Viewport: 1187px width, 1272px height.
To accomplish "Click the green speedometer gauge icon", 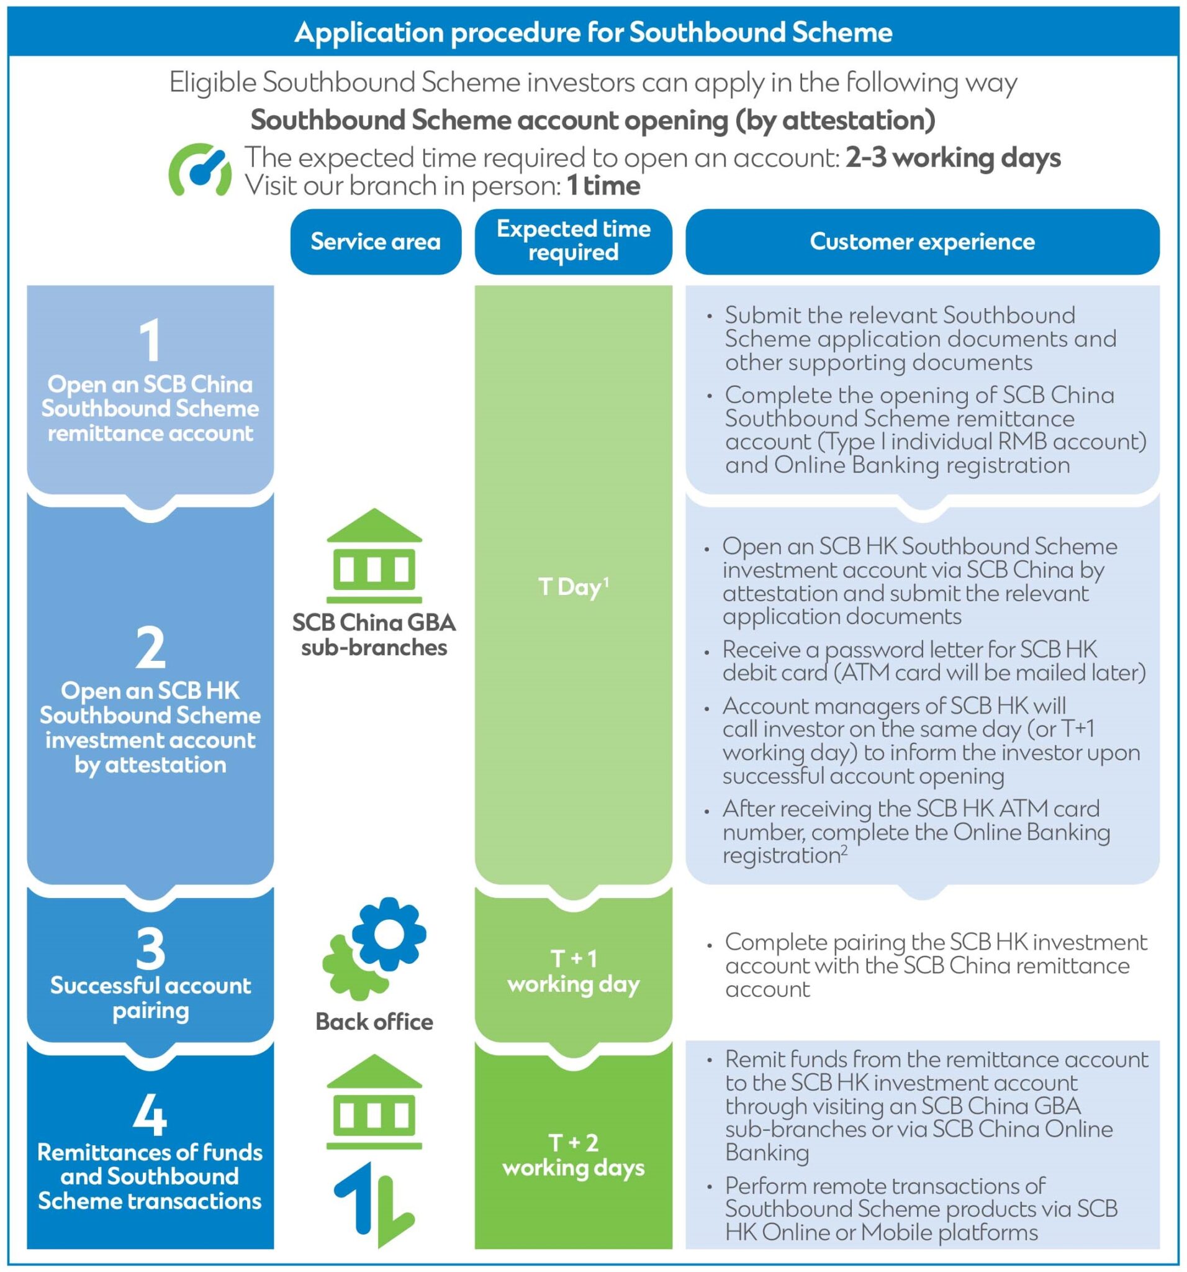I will (x=199, y=170).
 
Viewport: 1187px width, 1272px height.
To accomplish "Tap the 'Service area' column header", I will (x=376, y=242).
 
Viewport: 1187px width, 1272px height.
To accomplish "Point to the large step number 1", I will (x=150, y=341).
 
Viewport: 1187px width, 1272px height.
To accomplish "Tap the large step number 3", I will (x=150, y=949).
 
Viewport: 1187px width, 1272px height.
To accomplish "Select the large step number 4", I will (x=150, y=1117).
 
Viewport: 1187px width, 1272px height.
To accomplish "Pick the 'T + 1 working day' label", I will (x=573, y=971).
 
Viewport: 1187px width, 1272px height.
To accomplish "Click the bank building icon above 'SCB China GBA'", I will (x=374, y=556).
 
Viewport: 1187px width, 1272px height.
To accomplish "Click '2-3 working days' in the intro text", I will (x=952, y=158).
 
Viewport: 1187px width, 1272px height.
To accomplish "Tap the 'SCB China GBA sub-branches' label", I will (x=374, y=635).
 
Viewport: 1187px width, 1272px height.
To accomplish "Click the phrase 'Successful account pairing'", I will (x=150, y=998).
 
